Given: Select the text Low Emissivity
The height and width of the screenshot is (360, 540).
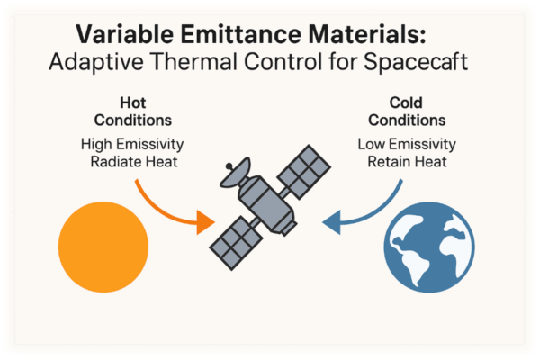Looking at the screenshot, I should (406, 143).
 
